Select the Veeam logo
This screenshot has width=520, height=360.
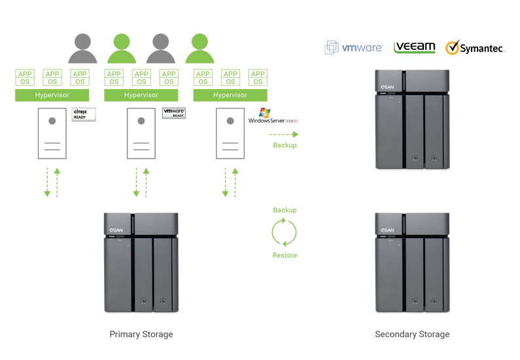tap(414, 47)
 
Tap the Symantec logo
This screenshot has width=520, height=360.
tap(476, 48)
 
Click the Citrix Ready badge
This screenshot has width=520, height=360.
tap(84, 115)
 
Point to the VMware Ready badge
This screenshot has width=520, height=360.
tap(174, 113)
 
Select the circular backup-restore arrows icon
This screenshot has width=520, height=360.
tap(285, 232)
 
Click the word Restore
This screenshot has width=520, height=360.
tap(285, 255)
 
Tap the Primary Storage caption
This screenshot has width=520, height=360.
tap(141, 334)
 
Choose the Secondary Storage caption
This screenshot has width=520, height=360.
tap(412, 334)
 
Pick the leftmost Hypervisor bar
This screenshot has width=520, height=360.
tap(52, 96)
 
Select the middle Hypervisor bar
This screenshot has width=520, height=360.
tap(141, 96)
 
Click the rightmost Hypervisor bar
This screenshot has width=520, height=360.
tap(230, 96)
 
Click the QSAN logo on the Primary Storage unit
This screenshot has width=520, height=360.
tap(114, 230)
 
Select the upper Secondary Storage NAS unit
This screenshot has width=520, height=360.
tap(412, 118)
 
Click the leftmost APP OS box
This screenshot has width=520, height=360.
tap(25, 78)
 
